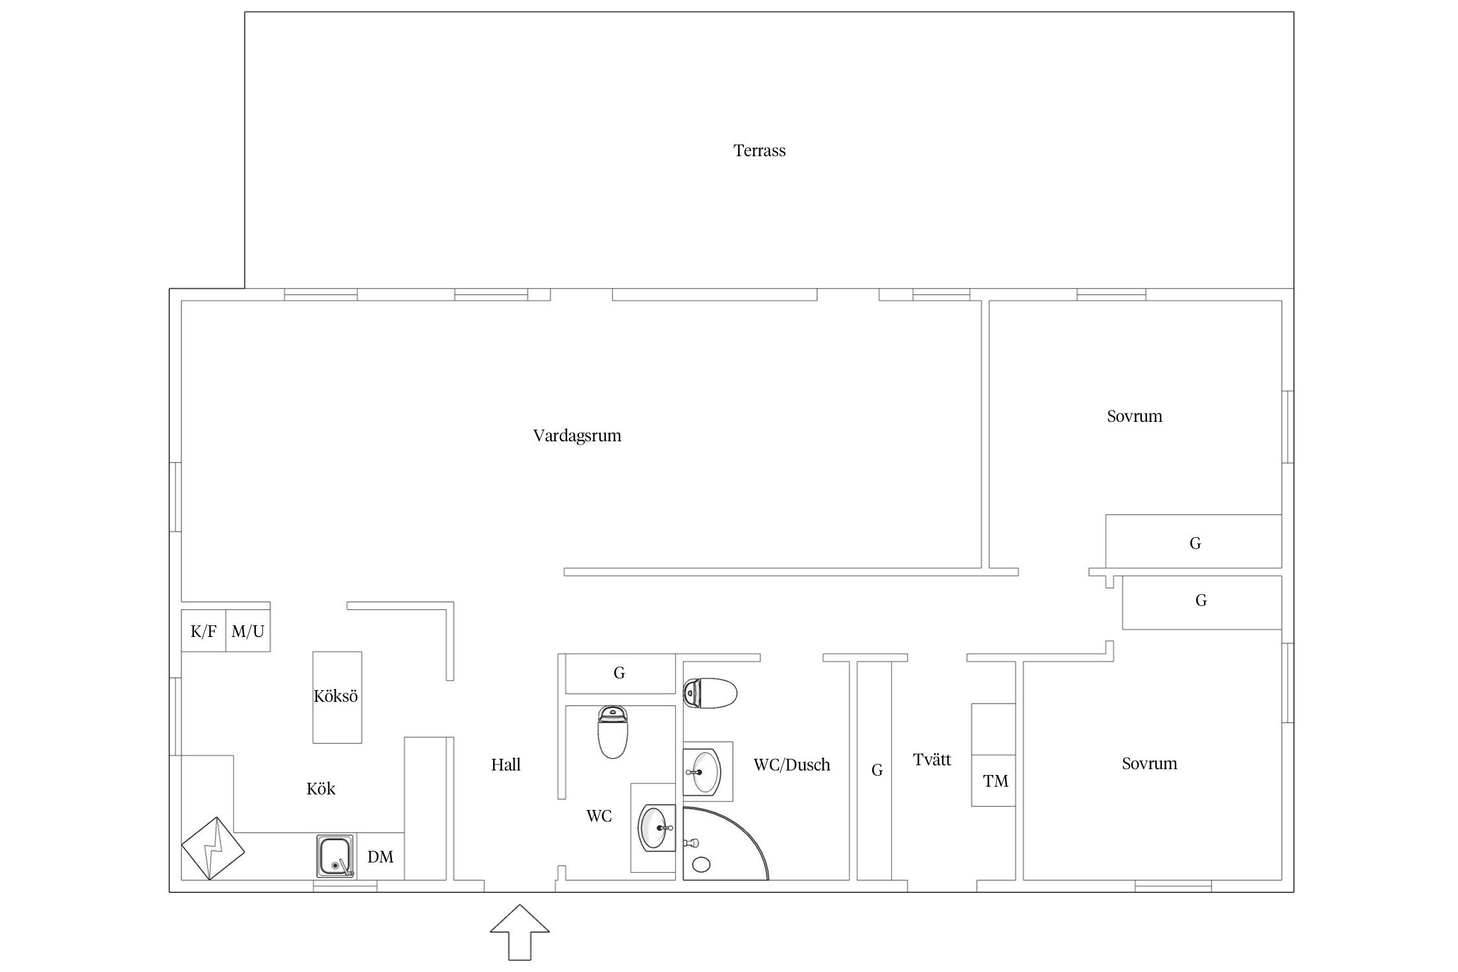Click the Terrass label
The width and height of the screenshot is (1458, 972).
(x=759, y=150)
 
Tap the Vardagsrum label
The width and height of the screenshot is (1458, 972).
(x=577, y=435)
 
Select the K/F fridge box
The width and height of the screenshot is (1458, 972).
(x=203, y=631)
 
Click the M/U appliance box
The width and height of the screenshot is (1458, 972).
(x=248, y=631)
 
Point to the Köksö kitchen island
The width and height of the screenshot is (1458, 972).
(x=337, y=697)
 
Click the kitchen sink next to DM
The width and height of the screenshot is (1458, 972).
(x=336, y=856)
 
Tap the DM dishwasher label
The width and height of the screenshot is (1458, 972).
(x=380, y=857)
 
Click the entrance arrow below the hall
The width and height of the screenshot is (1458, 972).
(x=520, y=932)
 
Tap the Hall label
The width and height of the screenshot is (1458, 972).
(x=505, y=765)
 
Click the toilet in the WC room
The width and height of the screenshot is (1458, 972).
(x=612, y=732)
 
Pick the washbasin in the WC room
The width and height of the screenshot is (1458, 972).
(x=656, y=827)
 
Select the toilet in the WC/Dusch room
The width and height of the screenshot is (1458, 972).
(x=710, y=694)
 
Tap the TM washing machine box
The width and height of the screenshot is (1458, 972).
(x=993, y=780)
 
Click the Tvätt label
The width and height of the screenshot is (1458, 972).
(x=932, y=759)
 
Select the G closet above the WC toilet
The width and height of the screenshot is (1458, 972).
(x=620, y=673)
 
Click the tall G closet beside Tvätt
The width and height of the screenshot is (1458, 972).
(x=875, y=770)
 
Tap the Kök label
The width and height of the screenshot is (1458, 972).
(x=321, y=789)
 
